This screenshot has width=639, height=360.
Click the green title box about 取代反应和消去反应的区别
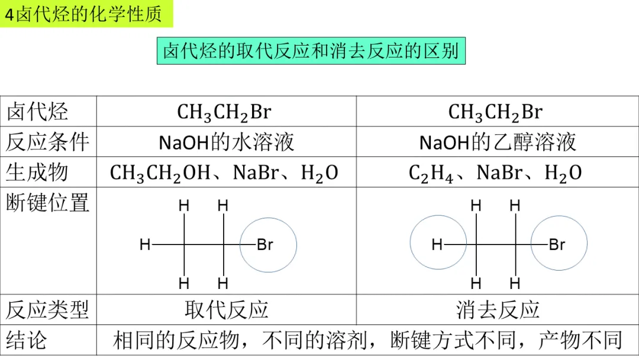311,51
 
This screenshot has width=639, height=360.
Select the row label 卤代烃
37,111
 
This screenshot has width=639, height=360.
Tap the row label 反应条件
48,142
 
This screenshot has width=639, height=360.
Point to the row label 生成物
37,172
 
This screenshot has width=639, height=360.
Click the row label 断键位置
48,203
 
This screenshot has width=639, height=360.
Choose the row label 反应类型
48,309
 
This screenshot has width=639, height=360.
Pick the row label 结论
27,340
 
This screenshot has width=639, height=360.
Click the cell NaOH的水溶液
227,142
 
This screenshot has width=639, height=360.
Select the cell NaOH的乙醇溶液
498,142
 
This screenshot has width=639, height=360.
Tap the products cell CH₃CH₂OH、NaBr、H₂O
224,173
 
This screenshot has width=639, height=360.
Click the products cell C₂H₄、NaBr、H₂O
495,173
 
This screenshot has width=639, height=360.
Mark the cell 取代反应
227,309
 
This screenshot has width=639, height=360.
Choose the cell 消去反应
498,309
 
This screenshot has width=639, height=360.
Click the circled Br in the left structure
265,245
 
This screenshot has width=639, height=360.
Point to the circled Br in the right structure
557,245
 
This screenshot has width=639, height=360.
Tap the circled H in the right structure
437,245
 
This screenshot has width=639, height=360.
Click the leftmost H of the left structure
145,245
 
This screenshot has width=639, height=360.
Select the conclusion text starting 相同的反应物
367,340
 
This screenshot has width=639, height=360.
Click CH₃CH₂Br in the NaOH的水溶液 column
224,112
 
